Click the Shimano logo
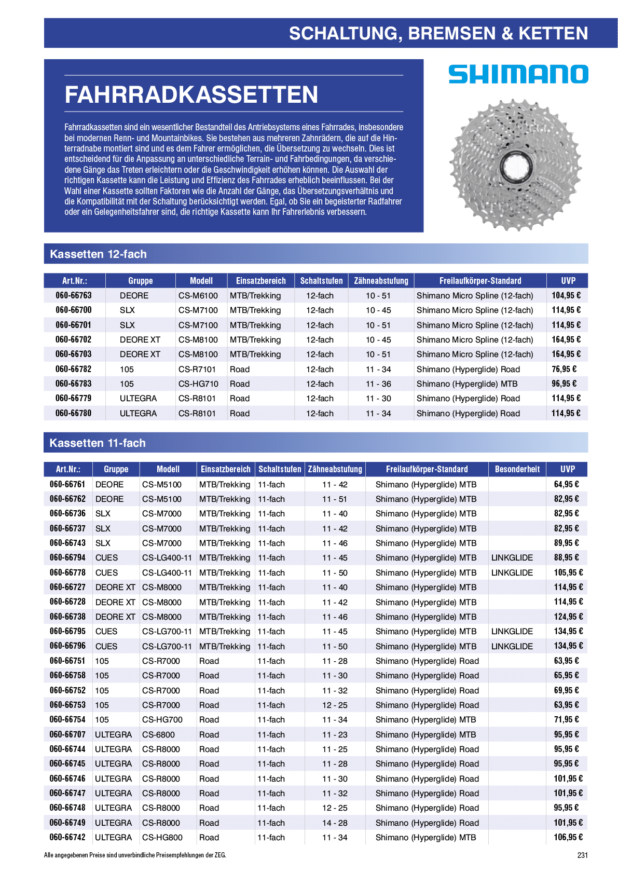click(518, 74)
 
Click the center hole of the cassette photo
click(516, 166)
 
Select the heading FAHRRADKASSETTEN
click(191, 94)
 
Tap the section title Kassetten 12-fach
click(98, 254)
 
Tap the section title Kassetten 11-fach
click(98, 443)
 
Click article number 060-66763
click(74, 295)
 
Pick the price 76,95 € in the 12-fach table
click(564, 369)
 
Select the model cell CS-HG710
click(198, 384)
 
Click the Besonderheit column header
click(517, 469)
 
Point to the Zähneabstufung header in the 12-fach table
click(381, 281)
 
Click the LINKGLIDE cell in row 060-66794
click(512, 557)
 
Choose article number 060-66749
click(67, 823)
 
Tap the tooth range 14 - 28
click(335, 823)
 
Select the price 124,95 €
click(568, 617)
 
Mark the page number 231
click(582, 855)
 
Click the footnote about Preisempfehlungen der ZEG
click(135, 855)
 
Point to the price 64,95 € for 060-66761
click(566, 484)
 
